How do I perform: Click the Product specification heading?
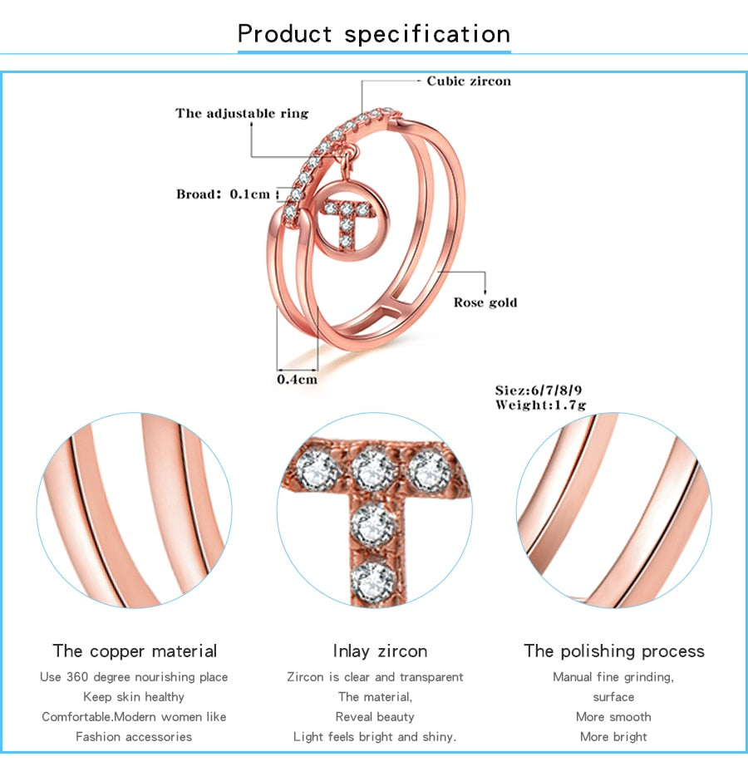pos(374,34)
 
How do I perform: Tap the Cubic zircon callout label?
pos(469,81)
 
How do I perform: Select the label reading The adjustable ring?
pos(241,113)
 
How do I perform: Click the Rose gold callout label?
pos(485,302)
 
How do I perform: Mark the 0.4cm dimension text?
pos(297,379)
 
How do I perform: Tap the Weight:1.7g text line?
pos(540,405)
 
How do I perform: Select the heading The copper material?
pos(135,651)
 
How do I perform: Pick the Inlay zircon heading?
pos(380,651)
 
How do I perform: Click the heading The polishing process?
pos(613,651)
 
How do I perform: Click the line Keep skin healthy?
pos(134,696)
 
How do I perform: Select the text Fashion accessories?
pos(134,736)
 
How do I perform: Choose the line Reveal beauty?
pos(375,716)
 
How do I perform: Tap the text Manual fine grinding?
pos(613,676)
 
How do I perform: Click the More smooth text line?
pos(613,716)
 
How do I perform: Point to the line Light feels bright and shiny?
pos(375,736)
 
